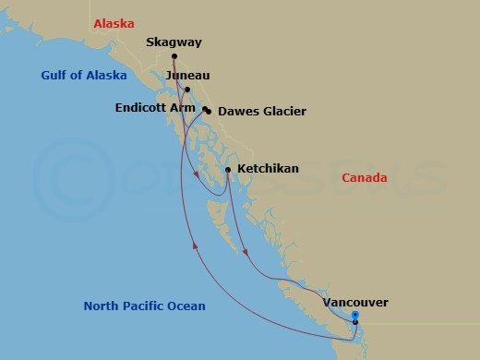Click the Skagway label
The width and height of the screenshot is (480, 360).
click(174, 42)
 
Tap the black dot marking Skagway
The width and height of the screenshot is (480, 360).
click(174, 56)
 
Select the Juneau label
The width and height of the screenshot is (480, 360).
click(187, 75)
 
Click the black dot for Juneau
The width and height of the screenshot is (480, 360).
click(187, 90)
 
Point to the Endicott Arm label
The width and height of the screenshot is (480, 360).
click(155, 107)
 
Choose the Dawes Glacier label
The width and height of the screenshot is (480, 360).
click(262, 112)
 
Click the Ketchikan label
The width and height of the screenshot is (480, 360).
click(268, 170)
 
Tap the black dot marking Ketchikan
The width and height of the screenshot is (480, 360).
click(228, 170)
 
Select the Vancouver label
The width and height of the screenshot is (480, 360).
click(355, 302)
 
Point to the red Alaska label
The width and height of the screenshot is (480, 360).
click(114, 23)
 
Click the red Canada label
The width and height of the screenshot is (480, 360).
click(365, 178)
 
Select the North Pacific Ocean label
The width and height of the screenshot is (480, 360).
click(144, 306)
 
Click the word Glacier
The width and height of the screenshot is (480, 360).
click(283, 112)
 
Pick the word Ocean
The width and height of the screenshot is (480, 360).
click(186, 306)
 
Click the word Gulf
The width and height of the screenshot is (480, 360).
click(54, 77)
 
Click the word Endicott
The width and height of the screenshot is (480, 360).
click(142, 107)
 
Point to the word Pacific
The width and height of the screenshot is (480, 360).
click(142, 306)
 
